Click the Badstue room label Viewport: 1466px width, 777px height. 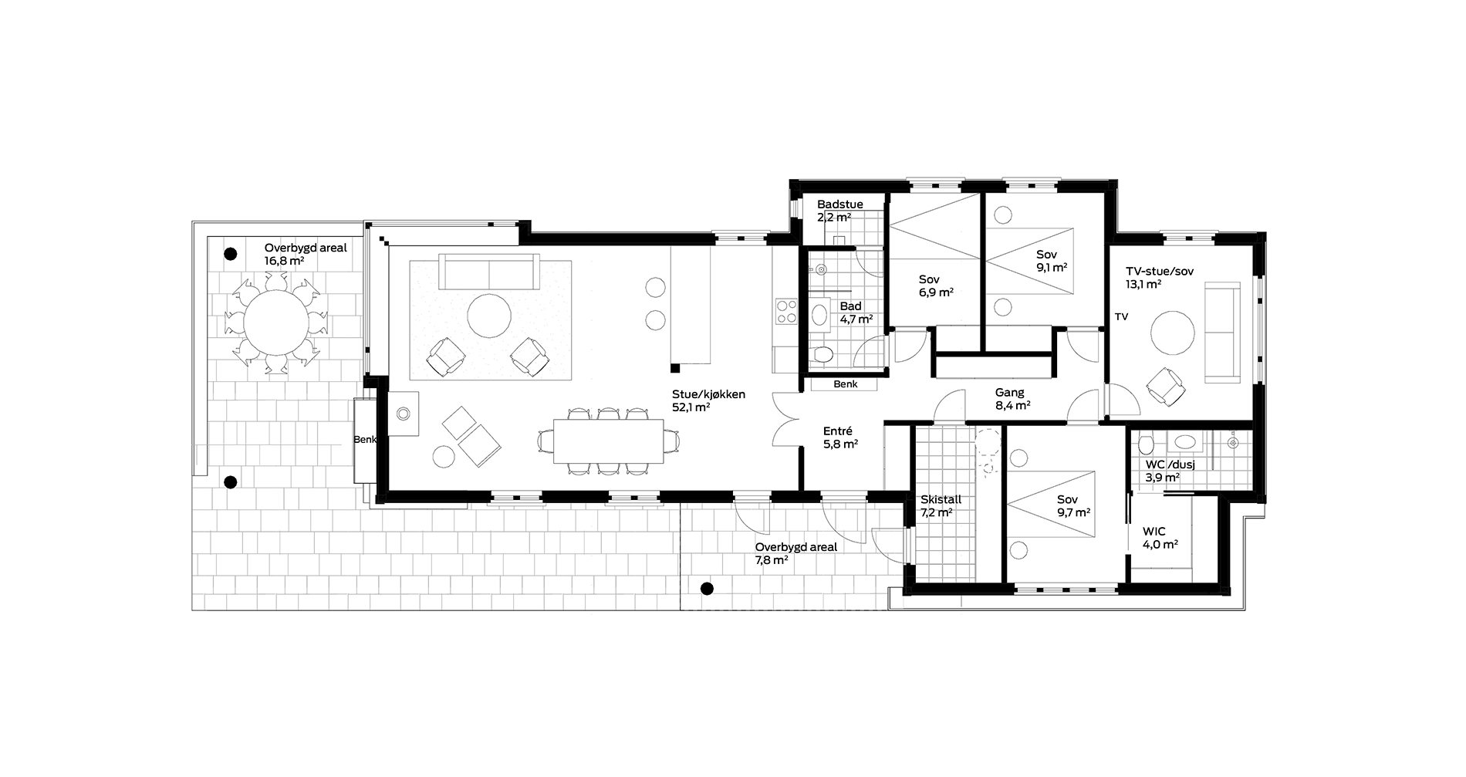tap(840, 204)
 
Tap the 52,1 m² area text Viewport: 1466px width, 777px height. tap(691, 407)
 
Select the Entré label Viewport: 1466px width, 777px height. tap(837, 431)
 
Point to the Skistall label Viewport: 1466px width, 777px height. tap(941, 500)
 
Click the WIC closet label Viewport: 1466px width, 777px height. tap(1154, 532)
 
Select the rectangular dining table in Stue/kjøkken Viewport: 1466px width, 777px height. tap(608, 441)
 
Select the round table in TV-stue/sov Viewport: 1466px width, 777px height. tap(1173, 333)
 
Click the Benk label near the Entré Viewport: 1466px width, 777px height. tap(845, 383)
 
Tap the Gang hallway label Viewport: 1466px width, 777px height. tap(1009, 393)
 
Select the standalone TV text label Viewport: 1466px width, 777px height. tap(1121, 317)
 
